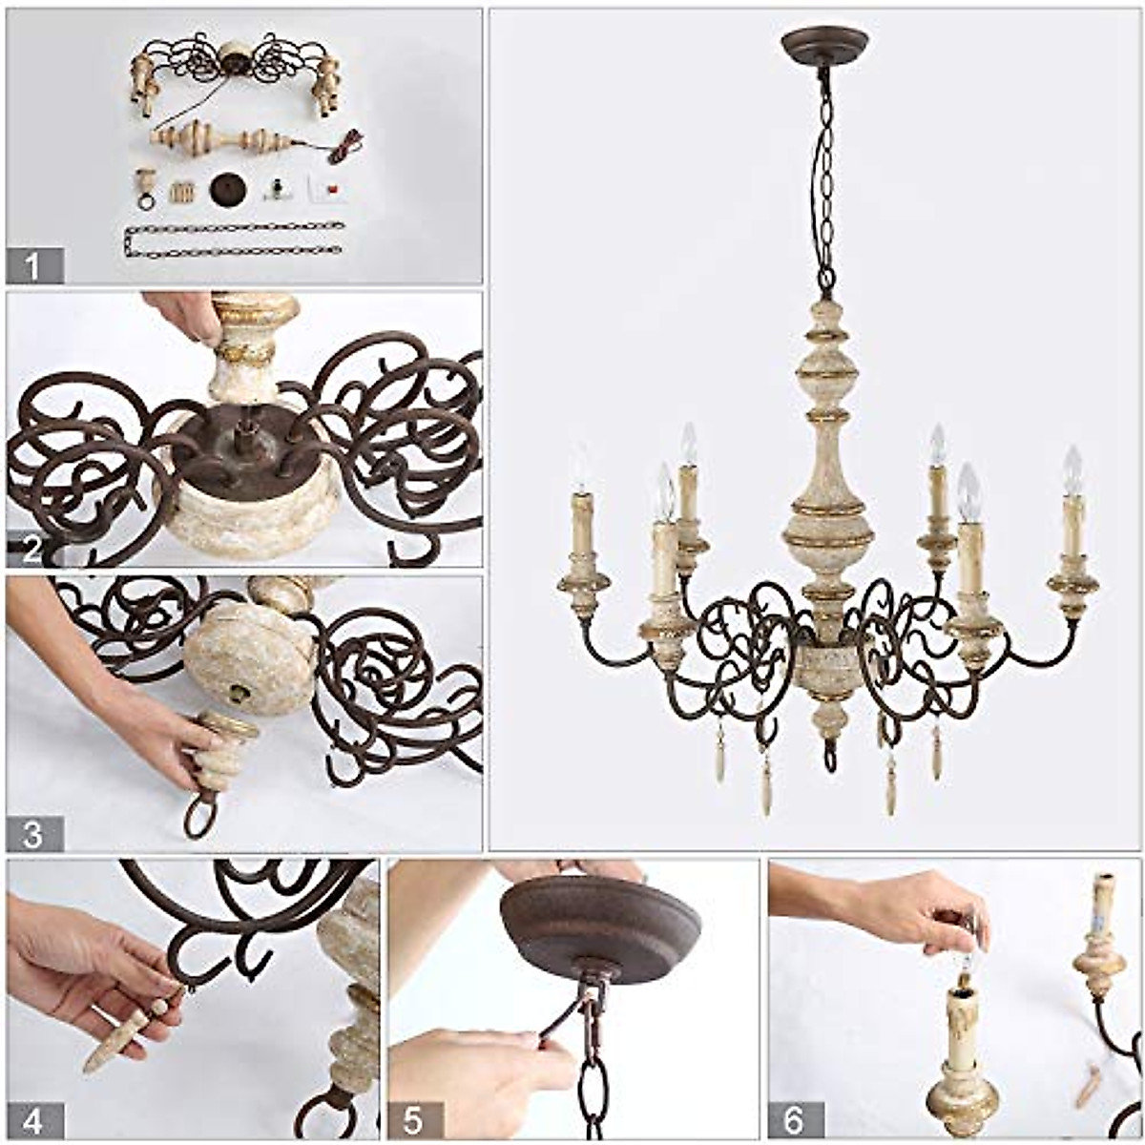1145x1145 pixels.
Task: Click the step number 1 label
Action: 34,266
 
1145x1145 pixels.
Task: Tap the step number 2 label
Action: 32,550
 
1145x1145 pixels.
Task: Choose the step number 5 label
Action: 413,1120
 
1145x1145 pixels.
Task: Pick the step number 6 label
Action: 794,1120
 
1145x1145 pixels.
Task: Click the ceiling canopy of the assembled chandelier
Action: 824,43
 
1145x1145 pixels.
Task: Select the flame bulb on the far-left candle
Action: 579,468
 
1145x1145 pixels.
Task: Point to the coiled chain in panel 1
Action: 234,239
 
